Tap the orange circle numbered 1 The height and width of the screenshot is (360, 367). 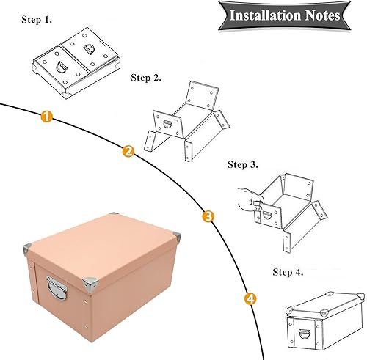coord(46,116)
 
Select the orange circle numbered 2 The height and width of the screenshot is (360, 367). coord(128,152)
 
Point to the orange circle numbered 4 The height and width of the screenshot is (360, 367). coord(250,298)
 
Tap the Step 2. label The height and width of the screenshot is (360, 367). coord(147,76)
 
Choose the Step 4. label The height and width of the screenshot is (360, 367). coord(288,272)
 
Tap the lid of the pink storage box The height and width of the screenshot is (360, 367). coord(103,235)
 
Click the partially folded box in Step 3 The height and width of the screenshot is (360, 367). coord(286,205)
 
